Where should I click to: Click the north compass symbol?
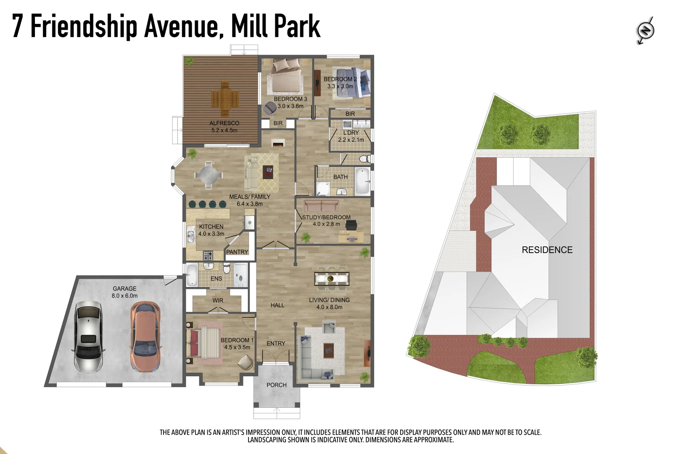pyautogui.click(x=645, y=30)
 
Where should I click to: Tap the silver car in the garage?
pyautogui.click(x=88, y=336)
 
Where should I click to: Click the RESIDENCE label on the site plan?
pyautogui.click(x=547, y=250)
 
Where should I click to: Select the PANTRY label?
pyautogui.click(x=237, y=252)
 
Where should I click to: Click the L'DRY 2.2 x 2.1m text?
pyautogui.click(x=351, y=136)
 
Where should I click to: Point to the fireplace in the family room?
pyautogui.click(x=277, y=143)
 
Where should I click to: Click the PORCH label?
pyautogui.click(x=277, y=385)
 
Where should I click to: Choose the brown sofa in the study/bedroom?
pyautogui.click(x=322, y=206)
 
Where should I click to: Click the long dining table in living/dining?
pyautogui.click(x=331, y=278)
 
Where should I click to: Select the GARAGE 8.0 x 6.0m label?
pyautogui.click(x=124, y=292)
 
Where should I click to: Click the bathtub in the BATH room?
pyautogui.click(x=362, y=181)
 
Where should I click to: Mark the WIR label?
pyautogui.click(x=218, y=300)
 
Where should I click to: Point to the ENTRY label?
pyautogui.click(x=276, y=343)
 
